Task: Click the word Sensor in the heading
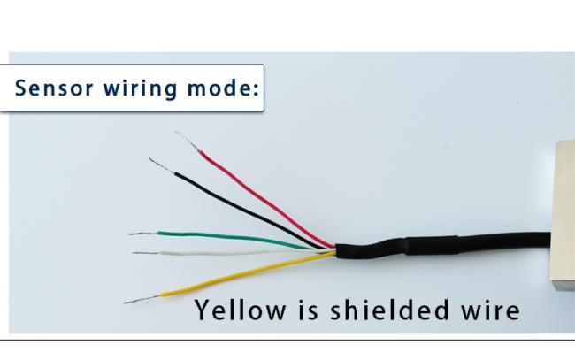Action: click(54, 88)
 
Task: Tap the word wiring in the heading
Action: click(140, 89)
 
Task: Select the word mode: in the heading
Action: click(223, 88)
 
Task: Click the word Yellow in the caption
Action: click(241, 310)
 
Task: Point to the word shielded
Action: click(389, 310)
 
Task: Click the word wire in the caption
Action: click(490, 310)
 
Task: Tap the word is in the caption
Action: click(308, 310)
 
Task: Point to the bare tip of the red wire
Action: click(187, 141)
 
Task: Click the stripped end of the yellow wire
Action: click(142, 299)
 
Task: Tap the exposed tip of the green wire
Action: click(143, 234)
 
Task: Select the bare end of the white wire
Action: click(146, 253)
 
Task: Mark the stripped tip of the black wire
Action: click(161, 165)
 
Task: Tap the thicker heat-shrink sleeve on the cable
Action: click(432, 245)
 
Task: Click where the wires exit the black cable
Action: click(335, 250)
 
